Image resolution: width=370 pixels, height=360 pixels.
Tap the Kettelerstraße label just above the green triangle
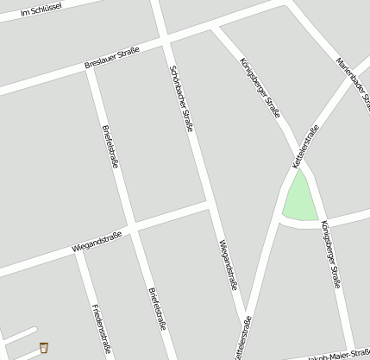pos(305,146)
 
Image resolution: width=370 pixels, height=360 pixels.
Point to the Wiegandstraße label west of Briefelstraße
pos(97,240)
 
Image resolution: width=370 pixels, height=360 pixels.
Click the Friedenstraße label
pos(100,329)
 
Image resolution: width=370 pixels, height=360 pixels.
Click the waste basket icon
pos(43,348)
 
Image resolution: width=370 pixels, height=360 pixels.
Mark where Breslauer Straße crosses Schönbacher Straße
pos(163,40)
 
